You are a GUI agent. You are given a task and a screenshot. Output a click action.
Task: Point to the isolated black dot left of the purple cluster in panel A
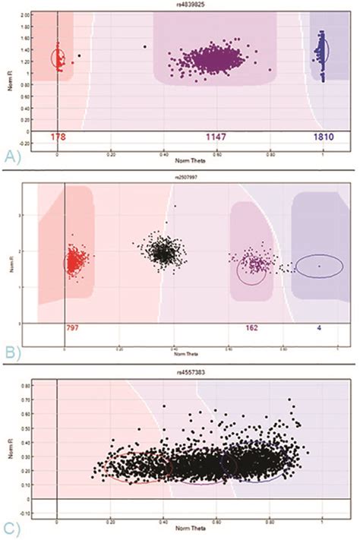[144, 46]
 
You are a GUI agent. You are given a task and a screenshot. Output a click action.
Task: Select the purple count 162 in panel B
[254, 329]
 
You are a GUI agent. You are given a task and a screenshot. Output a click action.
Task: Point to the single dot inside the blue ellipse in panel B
[319, 266]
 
